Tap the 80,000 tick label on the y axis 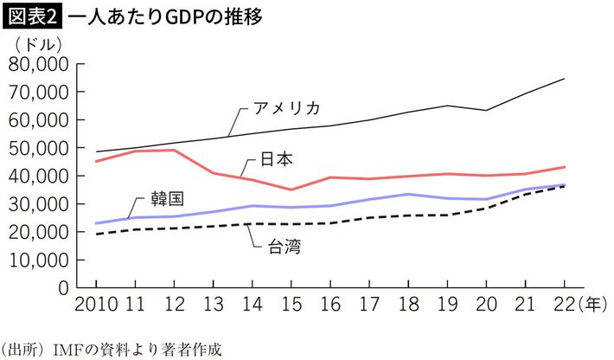coord(37,64)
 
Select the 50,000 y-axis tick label coord(37,148)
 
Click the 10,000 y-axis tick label coord(37,260)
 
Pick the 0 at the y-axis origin coord(62,287)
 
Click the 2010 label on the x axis coord(95,305)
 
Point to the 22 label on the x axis coord(563,305)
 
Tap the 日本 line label coord(277,159)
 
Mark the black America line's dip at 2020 coord(487,110)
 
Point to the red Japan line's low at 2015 coord(291,190)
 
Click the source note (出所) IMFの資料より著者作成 coord(112,349)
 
